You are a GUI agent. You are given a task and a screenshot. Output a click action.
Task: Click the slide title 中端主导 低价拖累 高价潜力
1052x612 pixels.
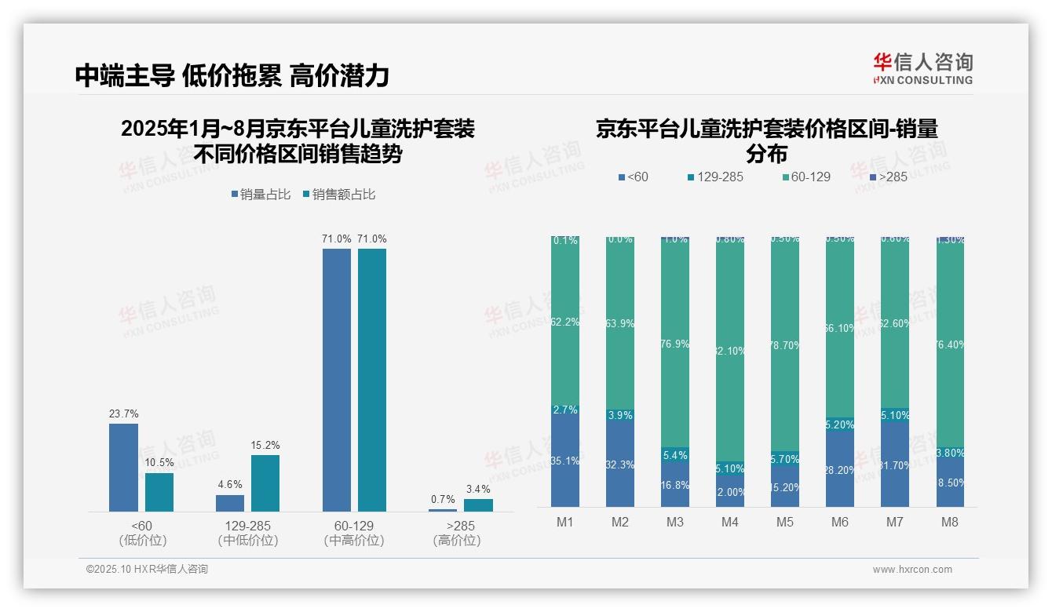(x=232, y=75)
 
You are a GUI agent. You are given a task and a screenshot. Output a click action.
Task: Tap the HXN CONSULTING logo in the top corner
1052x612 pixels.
(x=922, y=68)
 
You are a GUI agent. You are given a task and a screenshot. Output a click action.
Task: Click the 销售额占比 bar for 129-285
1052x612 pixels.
(x=265, y=483)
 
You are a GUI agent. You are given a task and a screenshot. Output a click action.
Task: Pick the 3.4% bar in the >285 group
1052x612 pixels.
(x=478, y=505)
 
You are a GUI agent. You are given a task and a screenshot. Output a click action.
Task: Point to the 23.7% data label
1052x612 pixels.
(x=123, y=413)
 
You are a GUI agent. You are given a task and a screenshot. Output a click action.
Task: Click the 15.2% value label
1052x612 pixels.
(x=265, y=445)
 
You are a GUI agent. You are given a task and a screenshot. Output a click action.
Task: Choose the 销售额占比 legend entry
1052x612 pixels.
(x=338, y=195)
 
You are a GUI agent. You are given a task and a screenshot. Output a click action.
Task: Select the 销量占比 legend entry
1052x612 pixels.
(x=265, y=195)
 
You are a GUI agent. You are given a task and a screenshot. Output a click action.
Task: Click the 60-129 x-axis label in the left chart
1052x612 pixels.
(x=353, y=526)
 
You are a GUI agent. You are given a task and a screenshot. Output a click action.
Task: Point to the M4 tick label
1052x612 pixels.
(x=729, y=523)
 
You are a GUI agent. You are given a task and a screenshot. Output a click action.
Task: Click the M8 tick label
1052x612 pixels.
(x=949, y=523)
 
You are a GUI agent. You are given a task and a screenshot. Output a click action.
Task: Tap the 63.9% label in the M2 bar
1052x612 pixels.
(x=620, y=322)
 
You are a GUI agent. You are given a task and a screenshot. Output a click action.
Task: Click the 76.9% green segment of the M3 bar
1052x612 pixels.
(x=675, y=345)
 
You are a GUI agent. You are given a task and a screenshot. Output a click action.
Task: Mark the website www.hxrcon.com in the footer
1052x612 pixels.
(x=912, y=570)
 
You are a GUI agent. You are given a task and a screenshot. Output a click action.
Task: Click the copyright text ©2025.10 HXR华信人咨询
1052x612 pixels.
(x=147, y=570)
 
